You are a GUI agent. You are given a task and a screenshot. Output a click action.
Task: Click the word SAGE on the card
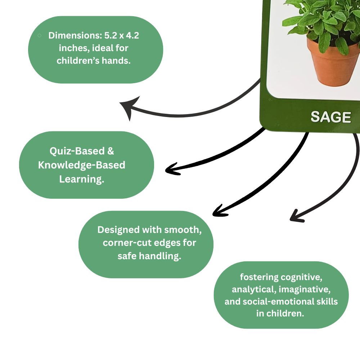click(x=330, y=117)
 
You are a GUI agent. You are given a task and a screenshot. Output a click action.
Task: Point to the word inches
click(x=76, y=48)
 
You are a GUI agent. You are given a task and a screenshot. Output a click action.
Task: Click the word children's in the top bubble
click(x=77, y=60)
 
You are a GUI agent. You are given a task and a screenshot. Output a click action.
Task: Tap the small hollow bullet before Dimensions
click(x=39, y=35)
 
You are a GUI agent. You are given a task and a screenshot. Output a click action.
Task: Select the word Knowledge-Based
click(x=82, y=165)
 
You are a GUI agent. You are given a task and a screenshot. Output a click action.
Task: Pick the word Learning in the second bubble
click(x=82, y=179)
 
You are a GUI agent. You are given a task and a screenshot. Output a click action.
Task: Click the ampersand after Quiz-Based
click(x=111, y=151)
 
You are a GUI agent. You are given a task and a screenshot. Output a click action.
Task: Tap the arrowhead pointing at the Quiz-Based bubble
click(x=172, y=169)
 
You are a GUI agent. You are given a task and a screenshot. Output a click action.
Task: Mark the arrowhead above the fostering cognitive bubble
click(x=296, y=216)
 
